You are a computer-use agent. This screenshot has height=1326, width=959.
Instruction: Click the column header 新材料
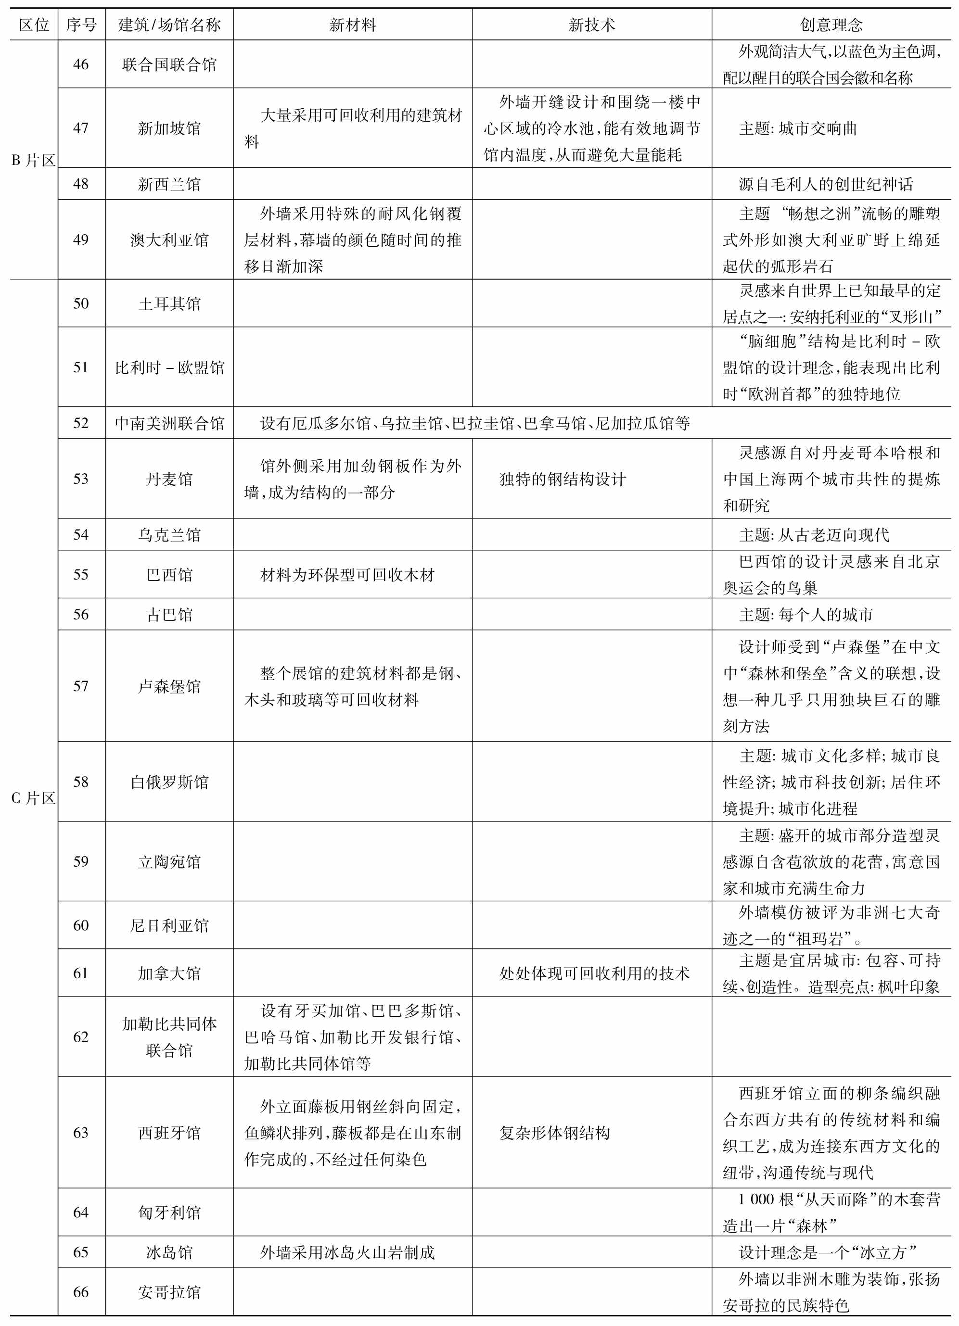point(352,25)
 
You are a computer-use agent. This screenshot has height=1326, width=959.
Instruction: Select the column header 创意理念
point(831,25)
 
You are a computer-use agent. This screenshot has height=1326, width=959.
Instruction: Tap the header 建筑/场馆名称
point(169,25)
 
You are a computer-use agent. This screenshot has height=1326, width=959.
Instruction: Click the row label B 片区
point(33,160)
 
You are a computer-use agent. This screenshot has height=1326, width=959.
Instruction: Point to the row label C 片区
point(33,798)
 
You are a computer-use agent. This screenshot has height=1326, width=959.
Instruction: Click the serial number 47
point(81,128)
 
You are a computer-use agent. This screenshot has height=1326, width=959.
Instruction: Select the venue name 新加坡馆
point(169,128)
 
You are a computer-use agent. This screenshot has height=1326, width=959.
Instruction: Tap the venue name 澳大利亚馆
point(169,240)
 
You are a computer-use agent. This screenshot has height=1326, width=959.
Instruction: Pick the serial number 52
point(81,423)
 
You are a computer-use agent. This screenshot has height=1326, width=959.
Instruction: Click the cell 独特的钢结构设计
point(563,480)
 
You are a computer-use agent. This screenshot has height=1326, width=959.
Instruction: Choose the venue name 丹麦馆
point(169,480)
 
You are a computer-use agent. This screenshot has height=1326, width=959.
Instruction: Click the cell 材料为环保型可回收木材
point(347,575)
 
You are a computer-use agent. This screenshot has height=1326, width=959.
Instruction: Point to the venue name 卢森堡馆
point(169,686)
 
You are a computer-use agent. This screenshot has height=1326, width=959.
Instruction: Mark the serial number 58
point(81,782)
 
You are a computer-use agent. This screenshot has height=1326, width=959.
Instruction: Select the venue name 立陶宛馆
point(169,861)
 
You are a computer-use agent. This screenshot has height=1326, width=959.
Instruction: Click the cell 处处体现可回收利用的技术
point(594,973)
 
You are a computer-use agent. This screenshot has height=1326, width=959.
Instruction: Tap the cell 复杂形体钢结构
point(554,1133)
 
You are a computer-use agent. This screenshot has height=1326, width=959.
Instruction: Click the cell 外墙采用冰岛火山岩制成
point(347,1252)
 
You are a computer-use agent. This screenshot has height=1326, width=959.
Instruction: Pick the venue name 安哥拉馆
point(169,1291)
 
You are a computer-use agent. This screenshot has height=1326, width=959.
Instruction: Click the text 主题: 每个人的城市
point(806,615)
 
